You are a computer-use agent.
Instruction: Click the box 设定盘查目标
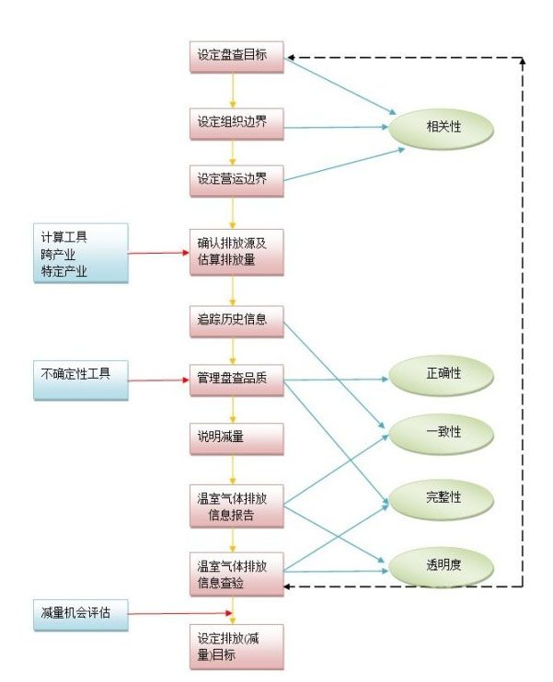[235, 55]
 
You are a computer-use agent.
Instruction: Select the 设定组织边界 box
[235, 122]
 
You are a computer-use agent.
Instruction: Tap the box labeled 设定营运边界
[235, 179]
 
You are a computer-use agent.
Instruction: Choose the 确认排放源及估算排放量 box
[235, 251]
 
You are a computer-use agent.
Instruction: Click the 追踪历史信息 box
[235, 321]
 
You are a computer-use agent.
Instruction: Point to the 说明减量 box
[235, 436]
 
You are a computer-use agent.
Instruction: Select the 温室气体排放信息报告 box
[235, 506]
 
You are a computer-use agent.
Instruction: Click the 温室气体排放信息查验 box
[235, 571]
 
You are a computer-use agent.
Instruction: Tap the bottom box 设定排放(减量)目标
[235, 646]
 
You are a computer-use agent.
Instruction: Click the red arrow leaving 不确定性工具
[157, 379]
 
